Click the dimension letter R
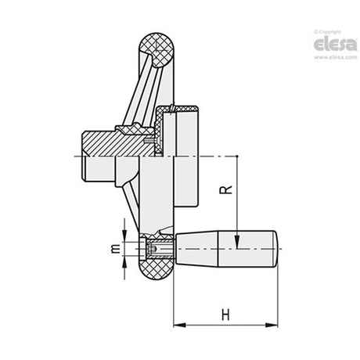(x=226, y=189)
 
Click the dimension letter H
(x=225, y=315)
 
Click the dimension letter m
(x=116, y=249)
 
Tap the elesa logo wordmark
(x=335, y=45)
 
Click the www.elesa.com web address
(x=335, y=57)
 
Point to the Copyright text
(x=328, y=32)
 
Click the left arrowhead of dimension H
(x=179, y=325)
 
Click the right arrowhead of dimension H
(x=272, y=325)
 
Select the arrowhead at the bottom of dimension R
(x=237, y=242)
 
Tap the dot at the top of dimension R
(x=237, y=156)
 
